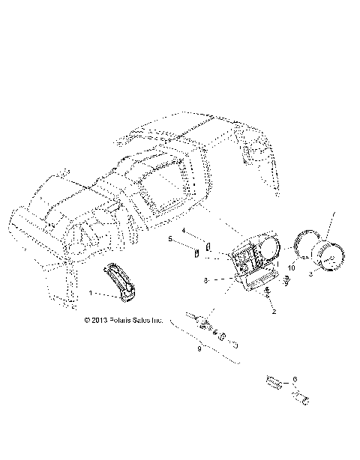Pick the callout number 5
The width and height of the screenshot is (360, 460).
pos(169,239)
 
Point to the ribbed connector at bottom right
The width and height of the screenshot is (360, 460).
pos(277,384)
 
